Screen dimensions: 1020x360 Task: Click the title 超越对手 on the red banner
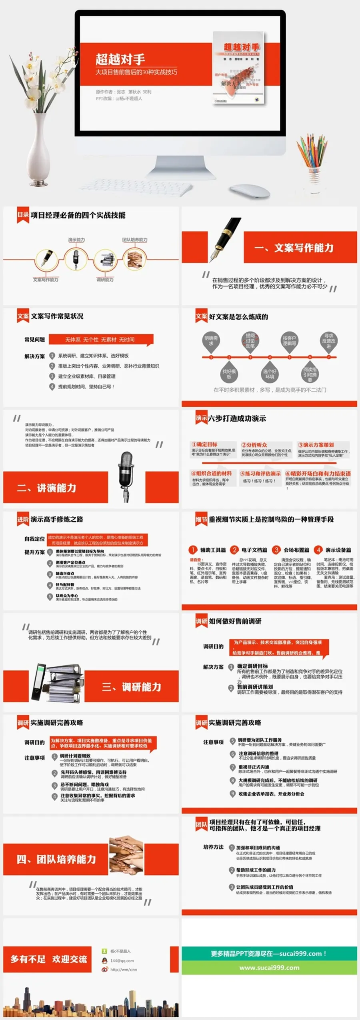coord(120,59)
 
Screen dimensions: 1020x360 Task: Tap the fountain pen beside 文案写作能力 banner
coord(227,239)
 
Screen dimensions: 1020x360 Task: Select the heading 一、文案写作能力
coord(294,248)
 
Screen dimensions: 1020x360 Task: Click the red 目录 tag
coord(23,215)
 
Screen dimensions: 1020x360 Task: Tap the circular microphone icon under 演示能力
coord(75,259)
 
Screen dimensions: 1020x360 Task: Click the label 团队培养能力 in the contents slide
coord(135,240)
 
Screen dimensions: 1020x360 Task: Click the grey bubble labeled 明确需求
coord(211,341)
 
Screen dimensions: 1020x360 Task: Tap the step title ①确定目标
coord(204,444)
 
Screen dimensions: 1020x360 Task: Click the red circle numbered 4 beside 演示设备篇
coord(318,550)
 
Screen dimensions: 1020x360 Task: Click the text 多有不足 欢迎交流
coord(48,959)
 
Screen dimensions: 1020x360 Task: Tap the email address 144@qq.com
coord(122,960)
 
